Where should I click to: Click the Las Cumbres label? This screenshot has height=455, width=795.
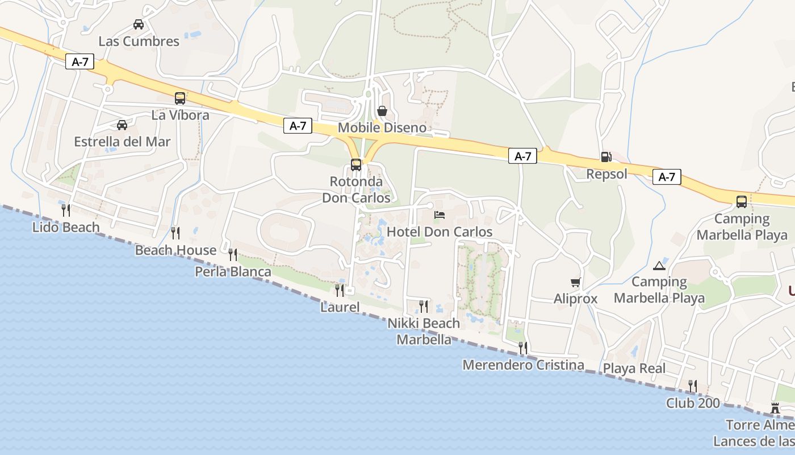pyautogui.click(x=139, y=41)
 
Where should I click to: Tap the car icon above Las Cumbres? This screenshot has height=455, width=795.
pyautogui.click(x=138, y=24)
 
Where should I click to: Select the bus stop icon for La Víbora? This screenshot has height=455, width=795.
pyautogui.click(x=180, y=98)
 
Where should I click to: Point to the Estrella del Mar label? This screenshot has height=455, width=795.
pyautogui.click(x=122, y=142)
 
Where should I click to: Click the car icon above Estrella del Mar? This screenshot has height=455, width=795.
pyautogui.click(x=122, y=125)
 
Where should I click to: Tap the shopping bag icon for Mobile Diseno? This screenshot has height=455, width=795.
pyautogui.click(x=382, y=111)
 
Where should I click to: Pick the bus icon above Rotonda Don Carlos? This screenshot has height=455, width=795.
pyautogui.click(x=356, y=165)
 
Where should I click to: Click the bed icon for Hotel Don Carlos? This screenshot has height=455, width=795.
pyautogui.click(x=440, y=215)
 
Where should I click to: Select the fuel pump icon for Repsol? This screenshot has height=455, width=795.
pyautogui.click(x=606, y=157)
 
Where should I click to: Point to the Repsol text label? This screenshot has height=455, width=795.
pyautogui.click(x=606, y=174)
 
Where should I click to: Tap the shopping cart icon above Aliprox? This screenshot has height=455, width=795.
pyautogui.click(x=576, y=282)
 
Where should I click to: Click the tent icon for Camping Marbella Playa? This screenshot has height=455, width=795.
pyautogui.click(x=659, y=265)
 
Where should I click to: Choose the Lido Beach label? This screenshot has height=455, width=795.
pyautogui.click(x=66, y=227)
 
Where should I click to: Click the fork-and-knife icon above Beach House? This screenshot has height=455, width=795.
pyautogui.click(x=175, y=233)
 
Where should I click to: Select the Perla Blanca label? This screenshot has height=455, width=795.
pyautogui.click(x=233, y=272)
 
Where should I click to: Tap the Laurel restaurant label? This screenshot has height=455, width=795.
pyautogui.click(x=340, y=308)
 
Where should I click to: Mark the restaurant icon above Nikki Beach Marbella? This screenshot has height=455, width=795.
pyautogui.click(x=424, y=307)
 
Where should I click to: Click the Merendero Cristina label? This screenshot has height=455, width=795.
pyautogui.click(x=523, y=365)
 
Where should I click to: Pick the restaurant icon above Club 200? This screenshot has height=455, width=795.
pyautogui.click(x=693, y=386)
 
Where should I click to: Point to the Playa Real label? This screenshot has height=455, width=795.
pyautogui.click(x=634, y=369)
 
